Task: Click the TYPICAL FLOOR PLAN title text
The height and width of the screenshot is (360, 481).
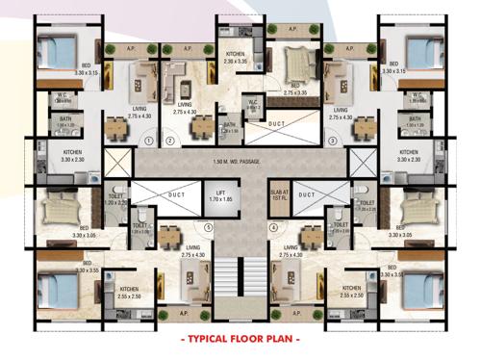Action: [x=240, y=339]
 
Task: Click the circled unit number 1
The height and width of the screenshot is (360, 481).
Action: [x=149, y=141]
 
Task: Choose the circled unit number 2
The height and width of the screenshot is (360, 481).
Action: [x=170, y=141]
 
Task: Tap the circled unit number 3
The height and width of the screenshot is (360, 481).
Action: [x=331, y=141]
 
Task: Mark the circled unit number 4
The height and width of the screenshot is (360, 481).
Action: [x=273, y=228]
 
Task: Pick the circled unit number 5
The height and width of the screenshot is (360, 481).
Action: [x=207, y=228]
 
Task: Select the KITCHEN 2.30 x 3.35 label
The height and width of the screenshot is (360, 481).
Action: [x=236, y=57]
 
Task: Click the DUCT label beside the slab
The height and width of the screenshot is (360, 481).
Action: [x=307, y=197]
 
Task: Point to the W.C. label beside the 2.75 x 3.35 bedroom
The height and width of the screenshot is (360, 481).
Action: [x=252, y=103]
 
